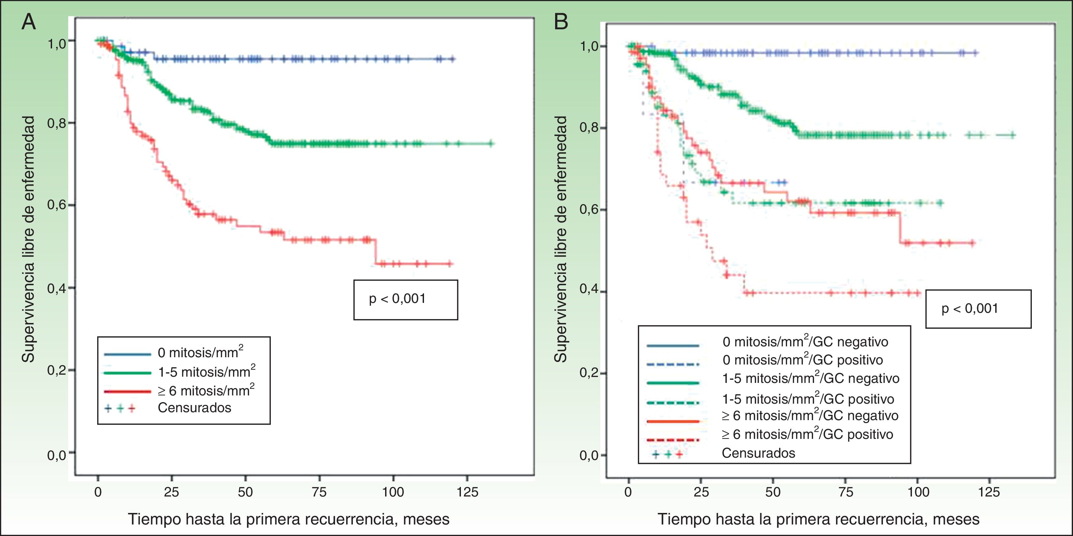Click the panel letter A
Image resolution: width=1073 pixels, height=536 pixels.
pyautogui.click(x=28, y=22)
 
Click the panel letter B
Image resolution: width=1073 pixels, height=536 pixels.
pyautogui.click(x=561, y=22)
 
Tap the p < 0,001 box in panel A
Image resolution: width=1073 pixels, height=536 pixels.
pyautogui.click(x=405, y=299)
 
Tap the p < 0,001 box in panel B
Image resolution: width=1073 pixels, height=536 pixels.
pyautogui.click(x=978, y=309)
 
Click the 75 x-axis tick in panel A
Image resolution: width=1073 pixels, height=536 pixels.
pyautogui.click(x=319, y=492)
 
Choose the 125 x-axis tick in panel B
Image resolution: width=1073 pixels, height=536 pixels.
pyautogui.click(x=989, y=492)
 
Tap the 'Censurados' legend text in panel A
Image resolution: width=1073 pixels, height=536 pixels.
pyautogui.click(x=194, y=408)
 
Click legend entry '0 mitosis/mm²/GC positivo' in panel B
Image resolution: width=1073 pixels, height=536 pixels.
pyautogui.click(x=803, y=360)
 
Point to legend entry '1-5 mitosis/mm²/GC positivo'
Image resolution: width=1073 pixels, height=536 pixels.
pyautogui.click(x=808, y=399)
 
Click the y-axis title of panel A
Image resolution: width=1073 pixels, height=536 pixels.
pyautogui.click(x=28, y=239)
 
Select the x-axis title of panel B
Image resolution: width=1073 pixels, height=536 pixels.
pyautogui.click(x=818, y=519)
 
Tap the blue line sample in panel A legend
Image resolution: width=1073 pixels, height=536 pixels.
pyautogui.click(x=127, y=354)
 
